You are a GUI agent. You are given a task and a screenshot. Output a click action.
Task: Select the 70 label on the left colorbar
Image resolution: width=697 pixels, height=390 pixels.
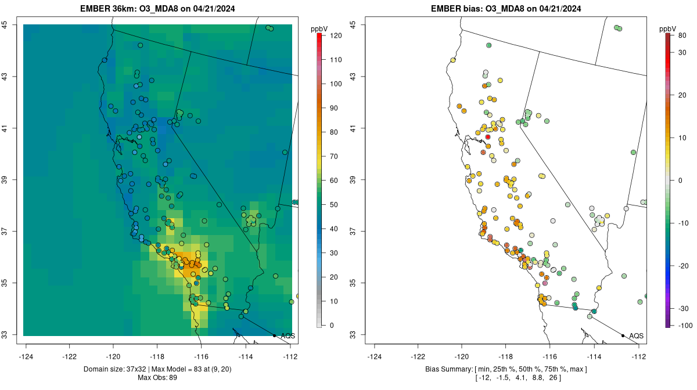(x=335, y=156)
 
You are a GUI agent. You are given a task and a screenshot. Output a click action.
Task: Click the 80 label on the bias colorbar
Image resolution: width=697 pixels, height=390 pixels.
(x=682, y=35)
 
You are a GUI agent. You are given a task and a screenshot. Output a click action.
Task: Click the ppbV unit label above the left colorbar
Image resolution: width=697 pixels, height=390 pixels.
(x=319, y=28)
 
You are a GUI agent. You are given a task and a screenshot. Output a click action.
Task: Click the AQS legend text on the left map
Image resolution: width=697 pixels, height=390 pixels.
(x=288, y=336)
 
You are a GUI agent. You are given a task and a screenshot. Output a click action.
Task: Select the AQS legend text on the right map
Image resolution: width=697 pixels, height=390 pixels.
(x=636, y=336)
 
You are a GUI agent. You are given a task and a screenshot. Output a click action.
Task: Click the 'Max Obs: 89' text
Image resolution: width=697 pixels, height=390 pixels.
(x=156, y=378)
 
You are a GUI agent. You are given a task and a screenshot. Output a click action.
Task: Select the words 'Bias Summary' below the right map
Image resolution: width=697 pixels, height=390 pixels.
(x=446, y=369)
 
